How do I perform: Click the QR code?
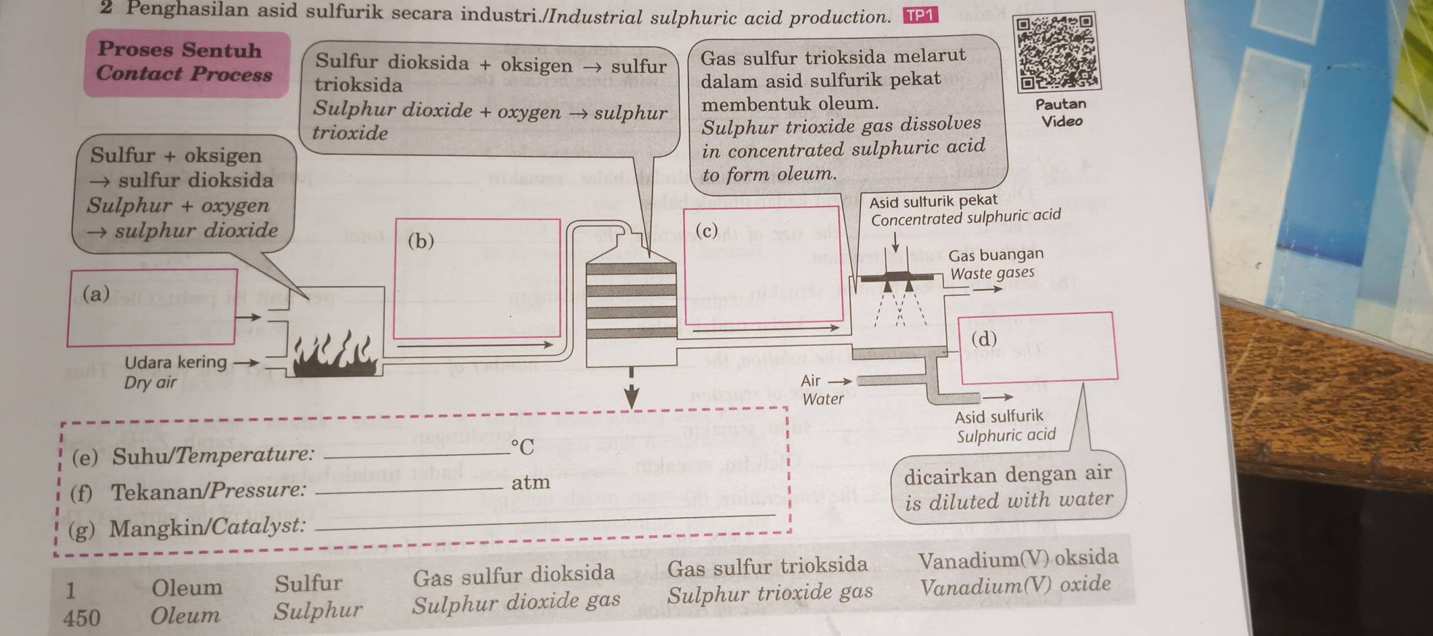coord(1058,53)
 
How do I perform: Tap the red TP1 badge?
coord(920,16)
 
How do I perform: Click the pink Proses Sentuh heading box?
coord(186,63)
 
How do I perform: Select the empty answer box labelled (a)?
coord(153,307)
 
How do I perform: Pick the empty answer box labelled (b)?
coord(477,278)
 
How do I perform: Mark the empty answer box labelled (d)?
coord(1039,346)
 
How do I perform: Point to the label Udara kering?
coord(175,363)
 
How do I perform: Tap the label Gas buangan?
coord(995,255)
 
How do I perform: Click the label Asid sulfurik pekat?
coord(933,201)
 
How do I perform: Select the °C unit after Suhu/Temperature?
coord(522,447)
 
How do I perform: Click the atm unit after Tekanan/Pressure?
coord(530,483)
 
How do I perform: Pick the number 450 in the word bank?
coord(81,617)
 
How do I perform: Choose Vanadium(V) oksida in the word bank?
coord(1018,559)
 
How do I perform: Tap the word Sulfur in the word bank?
coord(308,583)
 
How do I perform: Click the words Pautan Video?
coord(1061,112)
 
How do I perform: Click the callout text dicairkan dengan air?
coord(1008,474)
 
